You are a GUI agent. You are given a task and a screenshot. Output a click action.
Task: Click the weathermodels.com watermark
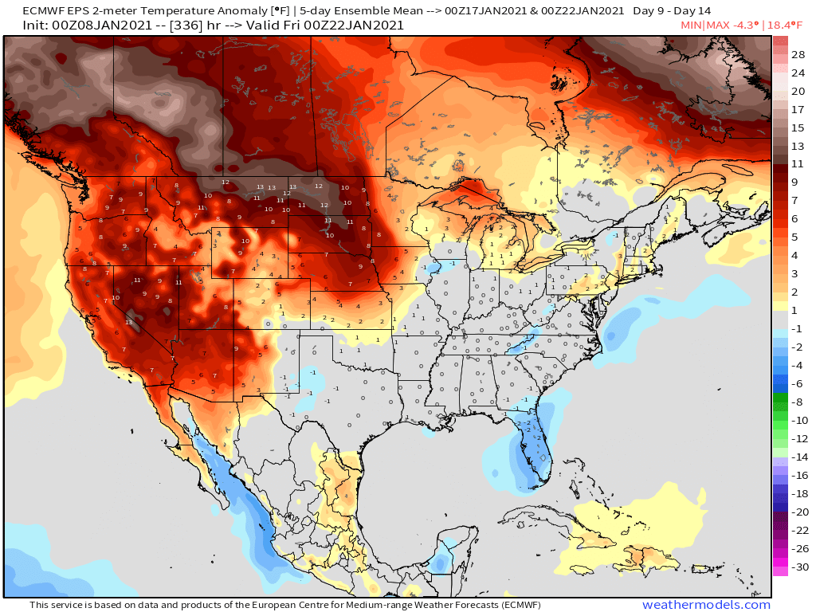706,605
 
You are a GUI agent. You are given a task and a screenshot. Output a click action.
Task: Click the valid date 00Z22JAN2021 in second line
359,25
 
